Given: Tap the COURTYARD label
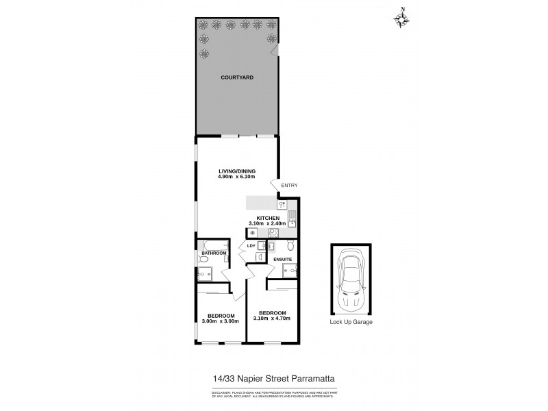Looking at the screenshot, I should coord(237,78).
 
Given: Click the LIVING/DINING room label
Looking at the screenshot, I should coord(237,171).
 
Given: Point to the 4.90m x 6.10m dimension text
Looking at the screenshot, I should coord(237,177).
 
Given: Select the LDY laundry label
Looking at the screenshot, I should coord(250,245).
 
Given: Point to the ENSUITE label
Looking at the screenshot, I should coord(283,260).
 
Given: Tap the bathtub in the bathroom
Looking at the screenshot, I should coord(212,245).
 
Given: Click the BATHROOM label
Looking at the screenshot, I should coord(213,253).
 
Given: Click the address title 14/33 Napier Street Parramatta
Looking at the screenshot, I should coord(274,377).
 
